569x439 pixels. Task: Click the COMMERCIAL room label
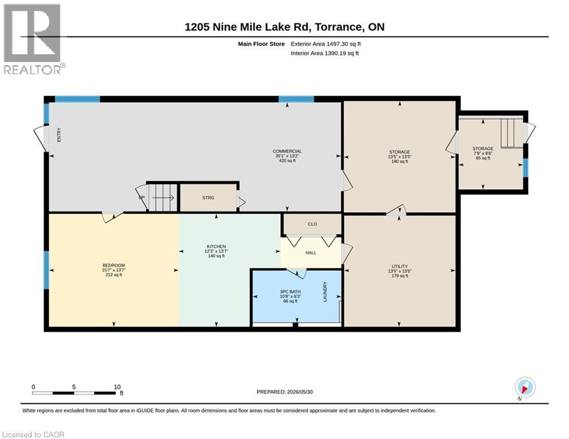(287, 151)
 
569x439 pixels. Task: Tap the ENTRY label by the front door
(59, 134)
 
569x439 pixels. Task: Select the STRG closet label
(208, 198)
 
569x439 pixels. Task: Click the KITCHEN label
(216, 246)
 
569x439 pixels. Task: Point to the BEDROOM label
(114, 265)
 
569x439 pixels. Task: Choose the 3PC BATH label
(291, 292)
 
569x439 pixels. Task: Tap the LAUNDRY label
(325, 292)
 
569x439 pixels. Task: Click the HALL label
(311, 253)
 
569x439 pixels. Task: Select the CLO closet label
(312, 224)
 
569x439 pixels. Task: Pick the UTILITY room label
(400, 266)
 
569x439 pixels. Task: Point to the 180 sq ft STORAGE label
(400, 152)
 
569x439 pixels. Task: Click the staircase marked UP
(162, 197)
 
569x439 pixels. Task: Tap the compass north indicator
(525, 388)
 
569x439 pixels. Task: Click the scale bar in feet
(74, 393)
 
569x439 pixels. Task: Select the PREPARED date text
(285, 392)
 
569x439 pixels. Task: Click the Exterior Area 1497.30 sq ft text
(325, 44)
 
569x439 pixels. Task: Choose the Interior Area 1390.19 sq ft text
(325, 53)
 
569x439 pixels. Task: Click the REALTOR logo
(33, 39)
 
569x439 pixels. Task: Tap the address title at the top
(285, 27)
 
